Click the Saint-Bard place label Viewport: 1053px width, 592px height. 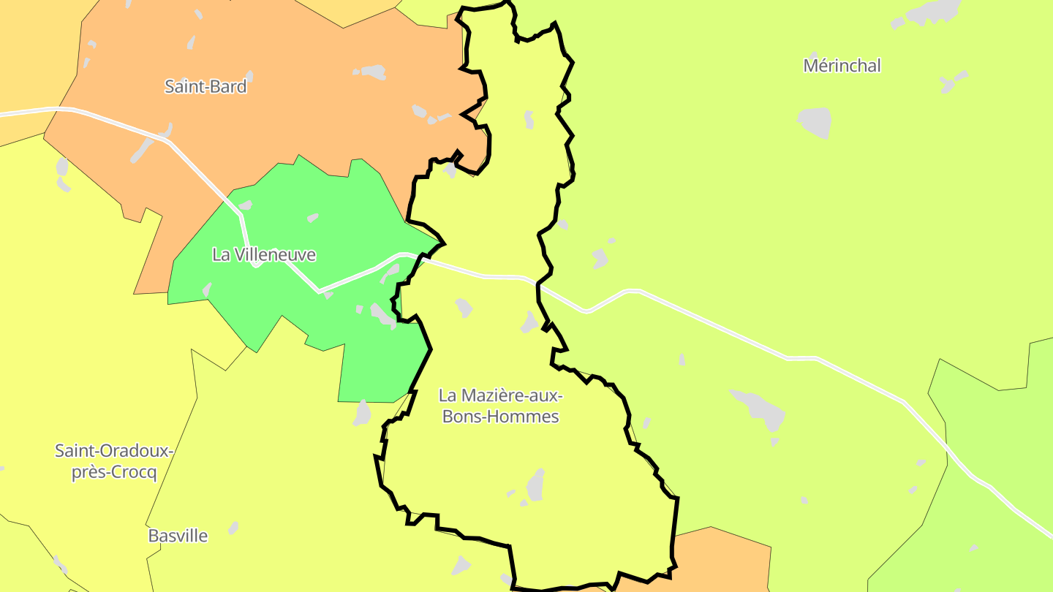(x=205, y=86)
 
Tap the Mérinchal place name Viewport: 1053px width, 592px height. (x=842, y=65)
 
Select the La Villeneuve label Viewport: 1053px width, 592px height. (x=264, y=254)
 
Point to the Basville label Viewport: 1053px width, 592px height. (x=178, y=536)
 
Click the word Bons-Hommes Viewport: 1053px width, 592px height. (x=500, y=417)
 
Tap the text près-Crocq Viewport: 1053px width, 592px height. (x=114, y=472)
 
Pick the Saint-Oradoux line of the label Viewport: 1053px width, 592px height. (x=114, y=450)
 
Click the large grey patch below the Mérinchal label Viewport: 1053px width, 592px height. (x=815, y=121)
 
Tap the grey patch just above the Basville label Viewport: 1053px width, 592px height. (x=233, y=527)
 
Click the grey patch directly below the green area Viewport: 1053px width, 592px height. (x=362, y=413)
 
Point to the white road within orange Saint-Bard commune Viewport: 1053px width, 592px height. (x=197, y=168)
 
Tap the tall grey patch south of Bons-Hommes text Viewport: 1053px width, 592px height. (x=536, y=484)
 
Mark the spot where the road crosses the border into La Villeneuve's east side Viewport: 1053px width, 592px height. (x=422, y=257)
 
